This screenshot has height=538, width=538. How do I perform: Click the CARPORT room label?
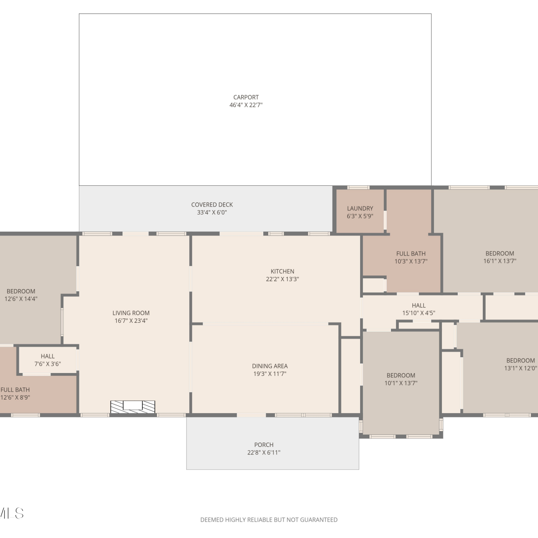click(x=246, y=97)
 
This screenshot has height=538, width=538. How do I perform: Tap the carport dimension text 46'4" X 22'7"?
click(x=246, y=105)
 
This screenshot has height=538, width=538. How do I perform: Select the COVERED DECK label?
click(x=212, y=205)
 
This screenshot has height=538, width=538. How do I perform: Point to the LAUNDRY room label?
click(x=360, y=208)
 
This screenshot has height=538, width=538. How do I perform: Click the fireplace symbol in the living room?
click(x=133, y=407)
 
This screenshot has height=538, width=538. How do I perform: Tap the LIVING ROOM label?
click(x=131, y=313)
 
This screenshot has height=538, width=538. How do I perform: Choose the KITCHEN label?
click(x=282, y=272)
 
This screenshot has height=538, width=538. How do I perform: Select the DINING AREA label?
click(x=270, y=366)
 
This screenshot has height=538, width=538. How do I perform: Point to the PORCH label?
click(x=264, y=445)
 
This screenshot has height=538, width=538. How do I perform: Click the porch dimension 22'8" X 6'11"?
click(x=264, y=453)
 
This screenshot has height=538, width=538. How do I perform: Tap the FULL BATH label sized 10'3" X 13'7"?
click(x=411, y=254)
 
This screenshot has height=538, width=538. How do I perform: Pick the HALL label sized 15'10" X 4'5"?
click(x=419, y=306)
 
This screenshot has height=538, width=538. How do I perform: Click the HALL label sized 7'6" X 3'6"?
click(x=48, y=356)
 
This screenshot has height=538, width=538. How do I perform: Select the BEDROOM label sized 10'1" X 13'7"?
click(x=401, y=376)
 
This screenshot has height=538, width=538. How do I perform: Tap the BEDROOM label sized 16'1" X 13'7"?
click(x=500, y=254)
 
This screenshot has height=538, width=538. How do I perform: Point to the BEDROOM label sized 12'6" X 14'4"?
click(x=21, y=291)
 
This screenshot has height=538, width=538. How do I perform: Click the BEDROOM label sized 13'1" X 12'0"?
click(x=521, y=360)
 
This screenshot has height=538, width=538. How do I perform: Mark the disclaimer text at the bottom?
click(x=269, y=520)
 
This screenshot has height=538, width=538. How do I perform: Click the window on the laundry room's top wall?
click(x=358, y=187)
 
